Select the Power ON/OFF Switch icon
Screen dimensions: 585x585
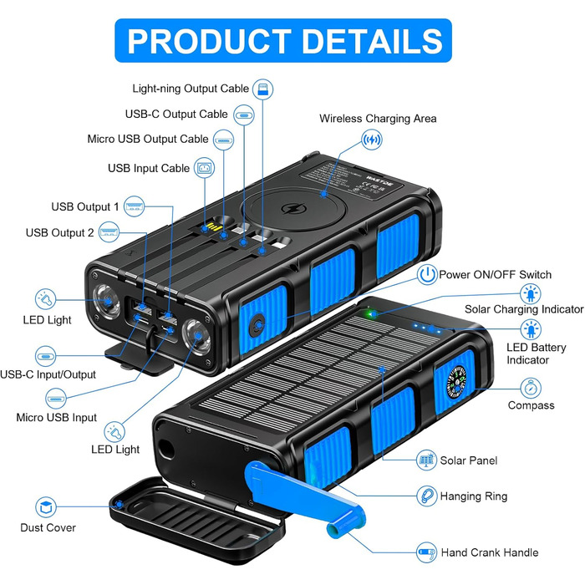[x=427, y=275]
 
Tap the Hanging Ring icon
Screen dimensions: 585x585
[x=427, y=496]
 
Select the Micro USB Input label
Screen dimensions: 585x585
[x=59, y=417]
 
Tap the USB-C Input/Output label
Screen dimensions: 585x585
[x=60, y=374]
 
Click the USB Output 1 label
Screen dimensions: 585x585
[x=85, y=206]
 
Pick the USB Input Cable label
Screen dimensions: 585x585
[x=149, y=168]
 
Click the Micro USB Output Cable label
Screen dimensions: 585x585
[x=148, y=139]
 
